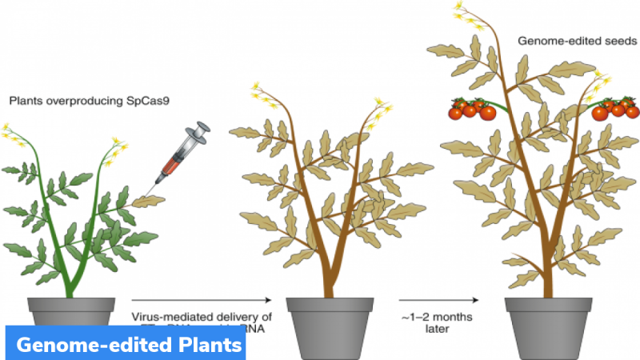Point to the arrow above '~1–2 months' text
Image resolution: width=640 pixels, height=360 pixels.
440,301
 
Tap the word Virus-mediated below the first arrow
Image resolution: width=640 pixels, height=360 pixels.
164,315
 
